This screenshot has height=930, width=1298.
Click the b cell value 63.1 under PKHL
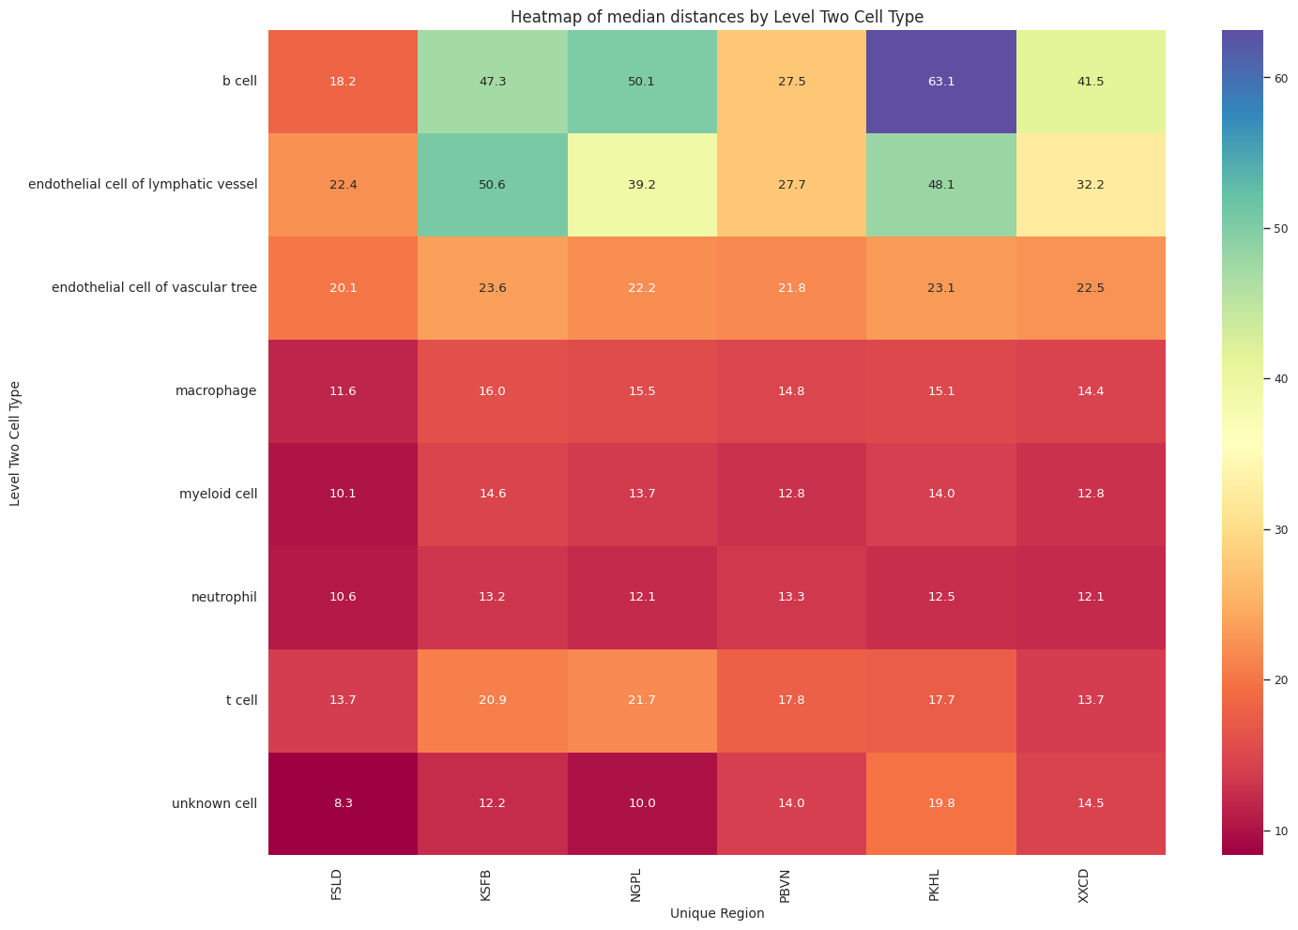tap(941, 82)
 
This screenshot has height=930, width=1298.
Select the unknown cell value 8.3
tap(343, 804)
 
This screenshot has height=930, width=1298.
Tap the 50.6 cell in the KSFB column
tap(493, 185)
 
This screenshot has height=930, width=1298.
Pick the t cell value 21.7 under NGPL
tap(642, 701)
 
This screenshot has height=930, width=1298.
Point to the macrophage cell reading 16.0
tap(493, 391)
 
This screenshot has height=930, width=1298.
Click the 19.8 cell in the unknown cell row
tap(941, 804)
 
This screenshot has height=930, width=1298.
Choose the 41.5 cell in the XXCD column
tap(1091, 82)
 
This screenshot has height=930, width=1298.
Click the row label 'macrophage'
tap(216, 390)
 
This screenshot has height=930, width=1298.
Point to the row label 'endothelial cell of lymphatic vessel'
tap(143, 184)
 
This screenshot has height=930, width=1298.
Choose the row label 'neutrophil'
tap(223, 597)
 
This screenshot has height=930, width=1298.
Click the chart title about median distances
tap(717, 16)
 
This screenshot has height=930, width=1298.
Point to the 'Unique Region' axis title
tap(717, 913)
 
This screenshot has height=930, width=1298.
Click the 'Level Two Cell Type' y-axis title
tap(16, 443)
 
